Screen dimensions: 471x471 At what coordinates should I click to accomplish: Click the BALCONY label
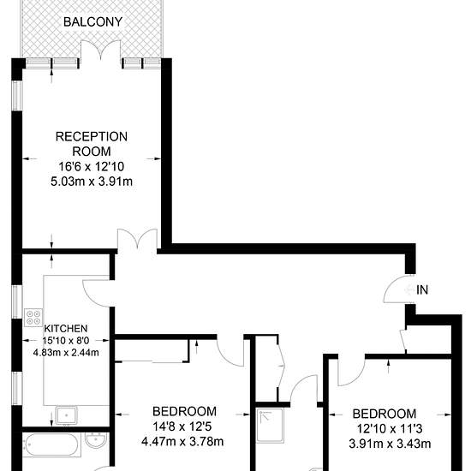coord(92,22)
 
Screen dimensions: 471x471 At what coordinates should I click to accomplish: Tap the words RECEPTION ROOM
coord(92,144)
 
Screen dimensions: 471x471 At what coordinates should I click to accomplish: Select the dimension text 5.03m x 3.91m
coord(92,182)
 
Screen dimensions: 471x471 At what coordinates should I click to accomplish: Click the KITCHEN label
coord(66,328)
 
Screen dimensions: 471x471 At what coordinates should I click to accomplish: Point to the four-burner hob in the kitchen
coord(33,318)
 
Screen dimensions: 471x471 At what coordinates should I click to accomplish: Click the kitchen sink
coord(66,414)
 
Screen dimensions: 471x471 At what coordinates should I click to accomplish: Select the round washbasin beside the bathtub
coord(96,440)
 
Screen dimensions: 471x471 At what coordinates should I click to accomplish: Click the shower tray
coord(270,425)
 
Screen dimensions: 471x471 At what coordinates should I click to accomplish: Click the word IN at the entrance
coord(422,289)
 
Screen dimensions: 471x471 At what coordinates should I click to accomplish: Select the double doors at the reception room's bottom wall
coord(137,241)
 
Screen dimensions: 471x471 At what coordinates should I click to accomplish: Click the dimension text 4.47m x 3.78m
coord(182,442)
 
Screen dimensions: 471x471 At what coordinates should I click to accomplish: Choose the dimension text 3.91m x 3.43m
coord(390,444)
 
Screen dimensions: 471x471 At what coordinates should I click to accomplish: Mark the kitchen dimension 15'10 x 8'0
coord(66,340)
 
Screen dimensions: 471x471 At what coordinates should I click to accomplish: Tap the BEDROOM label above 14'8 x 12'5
coord(184,411)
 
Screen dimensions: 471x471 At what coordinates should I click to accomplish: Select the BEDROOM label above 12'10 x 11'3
coord(385,414)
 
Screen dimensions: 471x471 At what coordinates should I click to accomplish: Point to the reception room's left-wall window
coord(17,95)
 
